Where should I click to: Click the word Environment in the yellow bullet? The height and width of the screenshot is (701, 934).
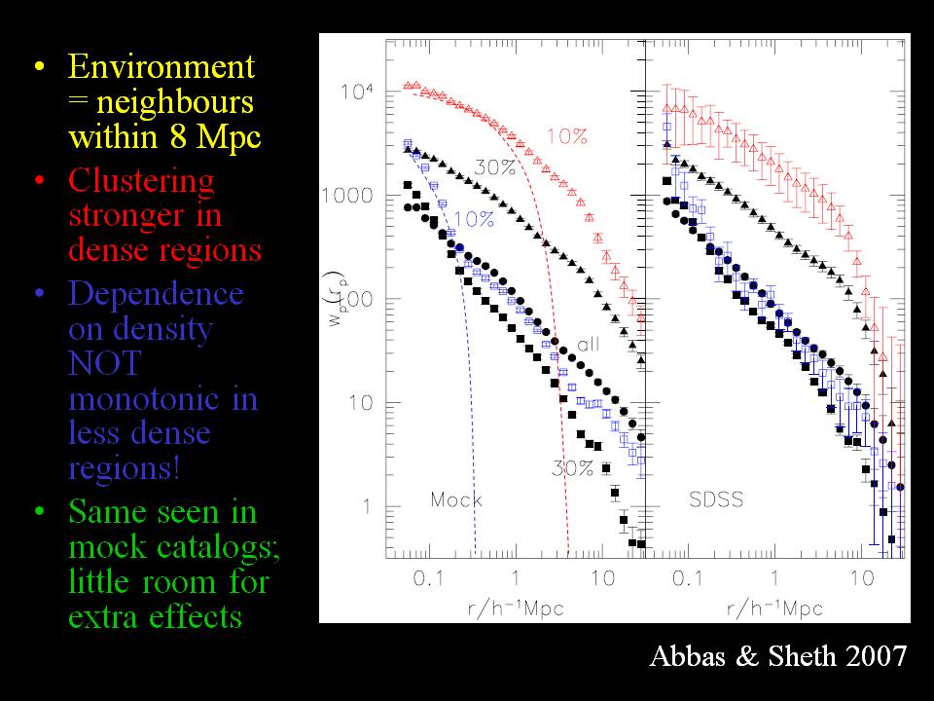[162, 68]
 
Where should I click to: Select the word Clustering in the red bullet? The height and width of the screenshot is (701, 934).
[142, 181]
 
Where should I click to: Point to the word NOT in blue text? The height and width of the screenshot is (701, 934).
[104, 363]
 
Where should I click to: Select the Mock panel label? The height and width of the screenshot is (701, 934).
[456, 500]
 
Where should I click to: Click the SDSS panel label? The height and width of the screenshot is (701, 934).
[715, 500]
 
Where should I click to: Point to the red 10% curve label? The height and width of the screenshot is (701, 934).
[566, 137]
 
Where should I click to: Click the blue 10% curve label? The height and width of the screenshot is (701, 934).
[473, 219]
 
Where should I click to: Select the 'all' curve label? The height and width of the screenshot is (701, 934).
[590, 344]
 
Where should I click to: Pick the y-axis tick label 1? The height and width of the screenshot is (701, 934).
[366, 507]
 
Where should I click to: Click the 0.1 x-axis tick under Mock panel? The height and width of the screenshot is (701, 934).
[428, 578]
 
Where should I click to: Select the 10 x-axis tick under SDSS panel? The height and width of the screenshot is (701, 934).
[861, 578]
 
